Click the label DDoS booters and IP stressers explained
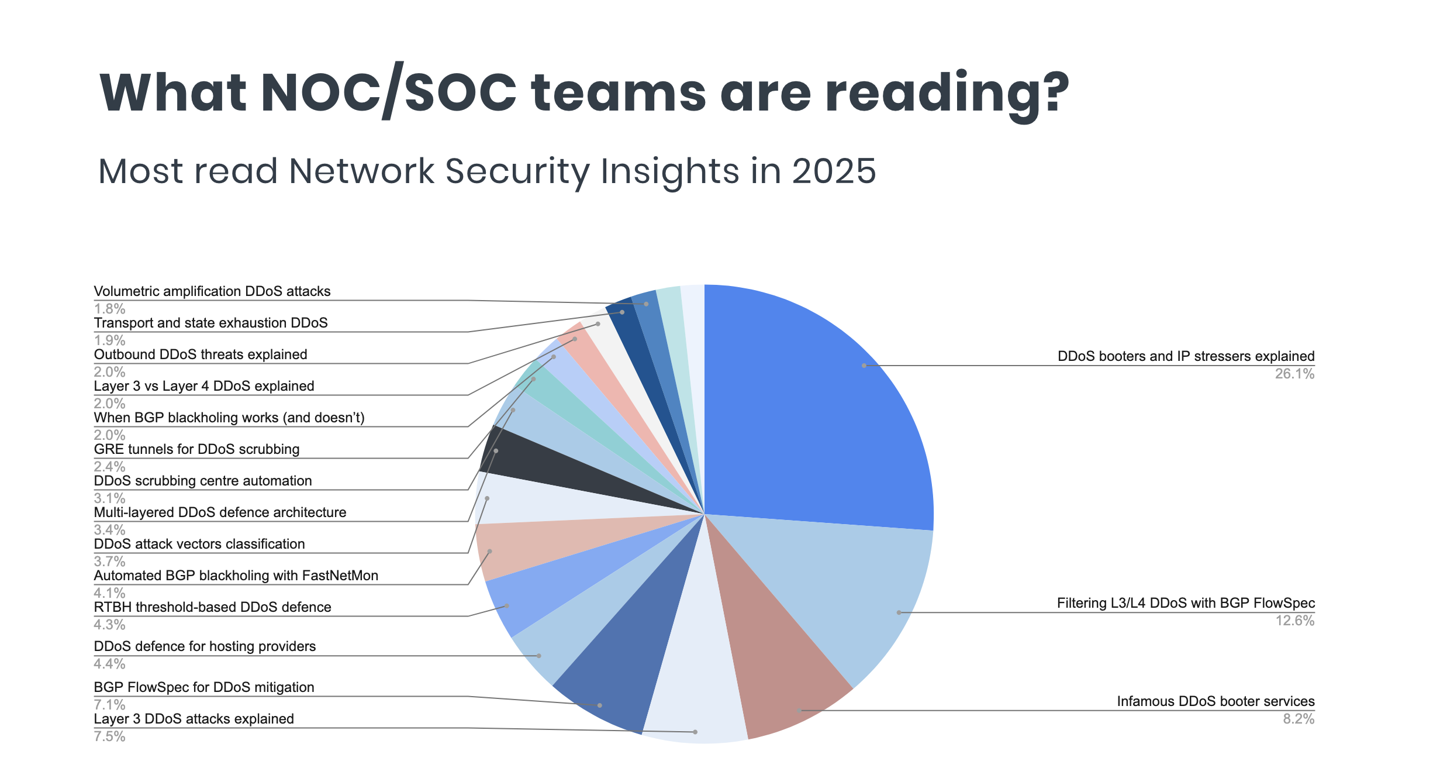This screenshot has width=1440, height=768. coord(1186,356)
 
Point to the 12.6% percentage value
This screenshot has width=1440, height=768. coord(1294,621)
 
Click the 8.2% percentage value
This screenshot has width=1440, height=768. coord(1298,719)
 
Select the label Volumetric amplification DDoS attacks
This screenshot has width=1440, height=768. coord(212,291)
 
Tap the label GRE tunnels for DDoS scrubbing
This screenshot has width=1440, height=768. coord(196,449)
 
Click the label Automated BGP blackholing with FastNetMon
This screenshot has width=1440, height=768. coord(236,576)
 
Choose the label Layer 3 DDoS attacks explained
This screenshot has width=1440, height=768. coord(194,719)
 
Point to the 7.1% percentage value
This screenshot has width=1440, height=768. coord(109,704)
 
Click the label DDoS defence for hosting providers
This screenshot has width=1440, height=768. coord(205,646)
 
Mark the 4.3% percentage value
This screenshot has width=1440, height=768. coord(109,625)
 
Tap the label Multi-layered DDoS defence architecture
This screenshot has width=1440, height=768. coord(220,512)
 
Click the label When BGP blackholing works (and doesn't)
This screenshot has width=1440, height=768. coord(229,418)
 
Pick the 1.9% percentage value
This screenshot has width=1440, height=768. coord(109,340)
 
